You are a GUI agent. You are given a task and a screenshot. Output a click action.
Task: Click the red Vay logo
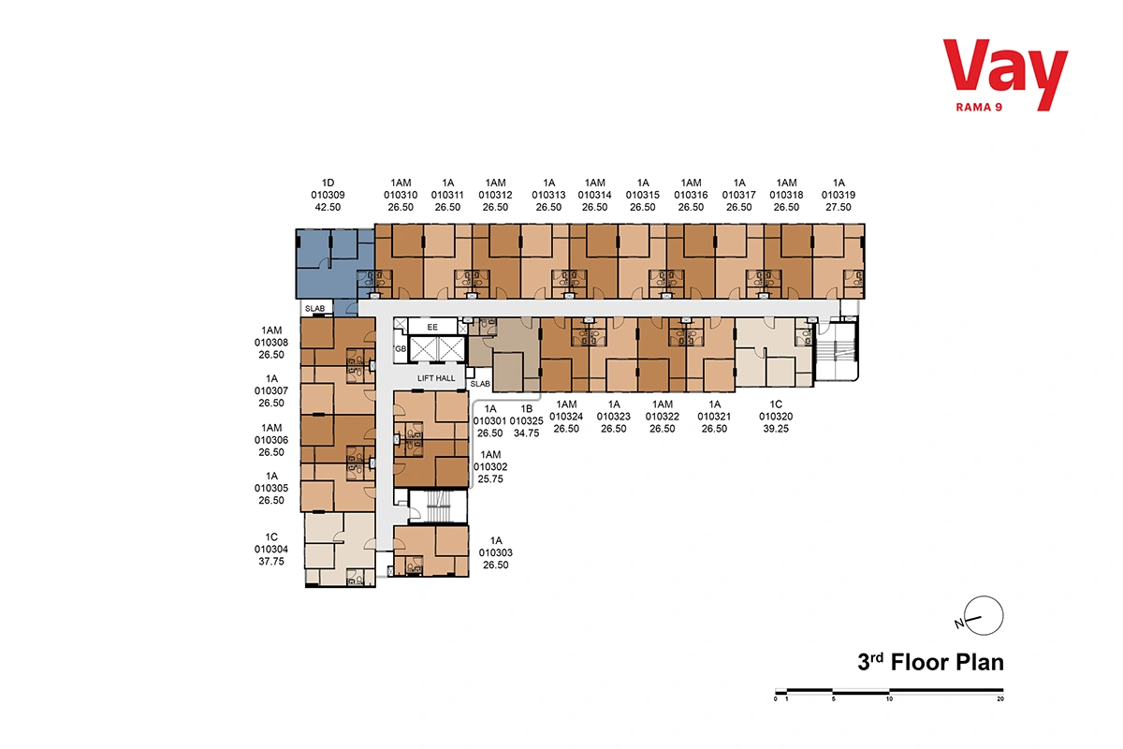1005,74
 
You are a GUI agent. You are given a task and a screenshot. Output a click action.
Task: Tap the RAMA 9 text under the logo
979,108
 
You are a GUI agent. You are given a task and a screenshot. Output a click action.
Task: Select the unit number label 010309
328,195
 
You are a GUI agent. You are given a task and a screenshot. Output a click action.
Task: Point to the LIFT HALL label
436,378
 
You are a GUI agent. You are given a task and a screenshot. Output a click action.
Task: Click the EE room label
432,327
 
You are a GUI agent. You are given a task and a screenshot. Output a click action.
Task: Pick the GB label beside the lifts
401,348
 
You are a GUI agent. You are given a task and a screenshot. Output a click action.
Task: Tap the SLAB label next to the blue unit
314,309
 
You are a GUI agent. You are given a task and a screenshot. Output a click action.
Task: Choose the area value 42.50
328,207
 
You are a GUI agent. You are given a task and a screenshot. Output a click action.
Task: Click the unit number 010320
776,417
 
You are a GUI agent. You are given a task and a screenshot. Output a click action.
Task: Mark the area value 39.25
776,429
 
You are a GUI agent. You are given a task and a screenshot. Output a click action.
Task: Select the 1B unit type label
526,409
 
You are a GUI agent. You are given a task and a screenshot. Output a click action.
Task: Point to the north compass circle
984,615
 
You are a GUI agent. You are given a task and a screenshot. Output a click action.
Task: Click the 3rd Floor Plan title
930,662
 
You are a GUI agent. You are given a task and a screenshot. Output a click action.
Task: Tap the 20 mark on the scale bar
1000,698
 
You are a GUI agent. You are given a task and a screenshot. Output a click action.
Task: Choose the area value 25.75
490,479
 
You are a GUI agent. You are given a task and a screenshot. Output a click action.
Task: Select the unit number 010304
271,550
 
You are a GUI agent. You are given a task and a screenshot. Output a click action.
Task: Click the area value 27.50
839,207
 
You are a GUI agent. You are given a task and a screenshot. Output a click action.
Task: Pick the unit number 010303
495,552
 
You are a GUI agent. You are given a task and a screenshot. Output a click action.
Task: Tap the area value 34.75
526,433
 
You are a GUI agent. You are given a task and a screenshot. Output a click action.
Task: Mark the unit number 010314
594,195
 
